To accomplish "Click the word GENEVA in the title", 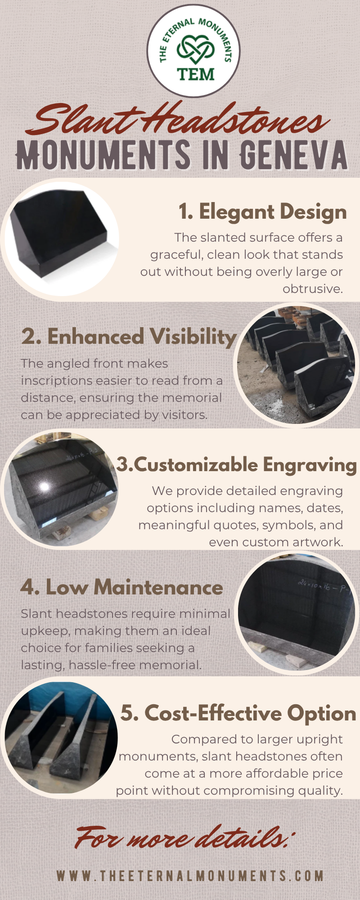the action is coord(293,155).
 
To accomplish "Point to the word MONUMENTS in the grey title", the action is coord(103,155).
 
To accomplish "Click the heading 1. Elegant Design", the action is coord(263,212).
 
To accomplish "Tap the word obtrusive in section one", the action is coord(312,288).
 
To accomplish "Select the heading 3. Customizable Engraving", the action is coord(237,465).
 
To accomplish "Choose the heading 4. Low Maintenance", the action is coord(122,587).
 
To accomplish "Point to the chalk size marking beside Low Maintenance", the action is coord(322,585).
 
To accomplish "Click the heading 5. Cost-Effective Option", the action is coord(238,713).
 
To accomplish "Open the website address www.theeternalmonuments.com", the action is coord(190,876).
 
